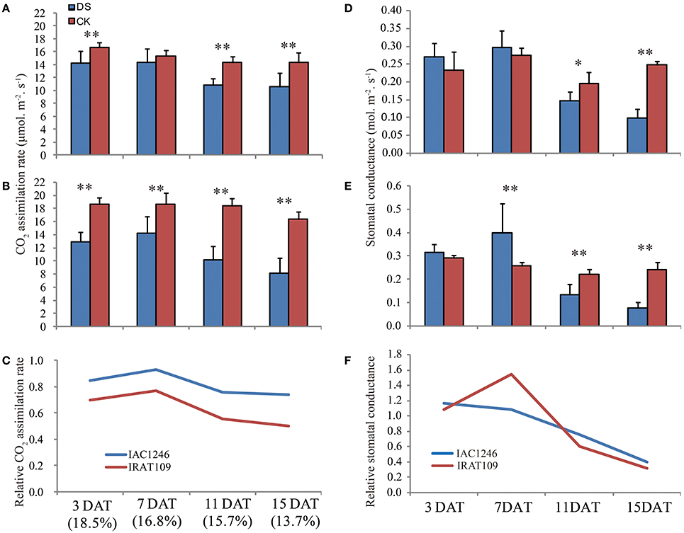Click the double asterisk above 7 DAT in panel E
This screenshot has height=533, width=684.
(x=509, y=189)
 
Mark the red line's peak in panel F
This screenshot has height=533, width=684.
(x=509, y=374)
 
